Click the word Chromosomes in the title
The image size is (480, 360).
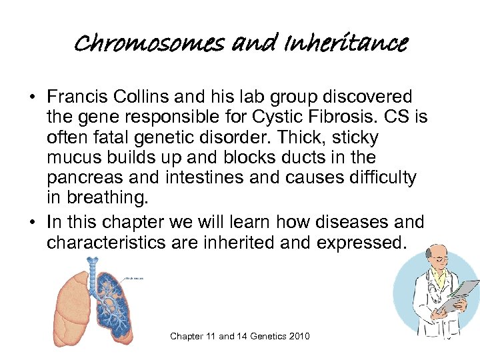tap(150, 45)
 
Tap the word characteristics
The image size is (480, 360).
tap(106, 242)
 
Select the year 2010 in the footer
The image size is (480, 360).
tap(298, 336)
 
